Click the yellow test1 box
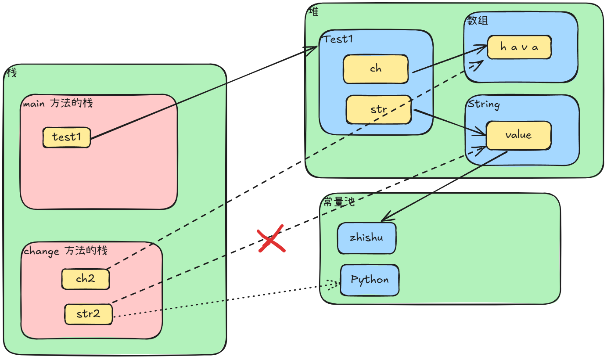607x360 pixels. [x=67, y=137]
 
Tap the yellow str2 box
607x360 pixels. [x=88, y=314]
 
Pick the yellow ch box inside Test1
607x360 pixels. [x=376, y=69]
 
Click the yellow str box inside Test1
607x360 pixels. [x=378, y=109]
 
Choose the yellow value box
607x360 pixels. [x=518, y=135]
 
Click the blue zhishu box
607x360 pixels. [x=366, y=238]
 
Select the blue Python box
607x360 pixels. [x=370, y=280]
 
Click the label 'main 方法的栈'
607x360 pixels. [x=58, y=104]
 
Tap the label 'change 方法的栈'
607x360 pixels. [x=65, y=251]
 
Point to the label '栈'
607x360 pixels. [x=11, y=73]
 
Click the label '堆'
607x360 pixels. [x=313, y=12]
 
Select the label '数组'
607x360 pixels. [x=478, y=21]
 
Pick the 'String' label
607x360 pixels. [x=484, y=104]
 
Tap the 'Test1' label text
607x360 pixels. [x=338, y=39]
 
